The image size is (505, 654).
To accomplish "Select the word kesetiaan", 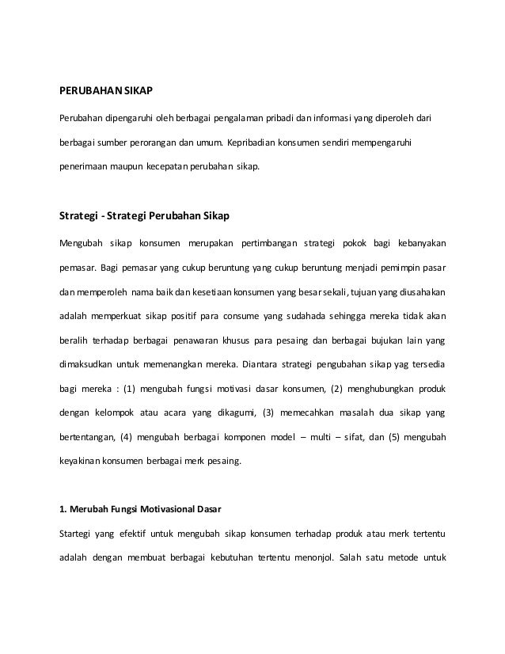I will point(218,291).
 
